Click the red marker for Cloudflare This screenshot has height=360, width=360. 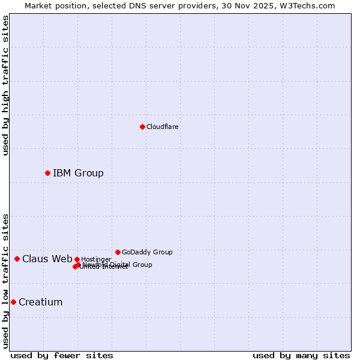click(x=142, y=127)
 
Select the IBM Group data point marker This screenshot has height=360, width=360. click(x=47, y=173)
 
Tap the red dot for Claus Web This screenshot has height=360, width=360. click(x=17, y=259)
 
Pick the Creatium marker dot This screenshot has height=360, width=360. click(x=13, y=302)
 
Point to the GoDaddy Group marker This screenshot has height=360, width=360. click(x=118, y=252)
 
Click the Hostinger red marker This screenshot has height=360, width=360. click(x=77, y=259)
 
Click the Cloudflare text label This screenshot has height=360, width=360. click(x=163, y=127)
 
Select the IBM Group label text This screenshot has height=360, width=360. click(x=78, y=173)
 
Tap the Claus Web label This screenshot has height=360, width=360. click(x=47, y=259)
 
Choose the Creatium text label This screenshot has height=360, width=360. click(x=40, y=302)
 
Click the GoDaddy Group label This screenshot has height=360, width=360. click(x=147, y=252)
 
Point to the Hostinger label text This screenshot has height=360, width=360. click(x=96, y=259)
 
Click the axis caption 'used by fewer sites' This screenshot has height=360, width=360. click(x=62, y=356)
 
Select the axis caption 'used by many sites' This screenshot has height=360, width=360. click(x=301, y=356)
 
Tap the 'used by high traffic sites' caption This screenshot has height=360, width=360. click(x=5, y=85)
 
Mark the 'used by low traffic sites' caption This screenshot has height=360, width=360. click(x=5, y=281)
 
